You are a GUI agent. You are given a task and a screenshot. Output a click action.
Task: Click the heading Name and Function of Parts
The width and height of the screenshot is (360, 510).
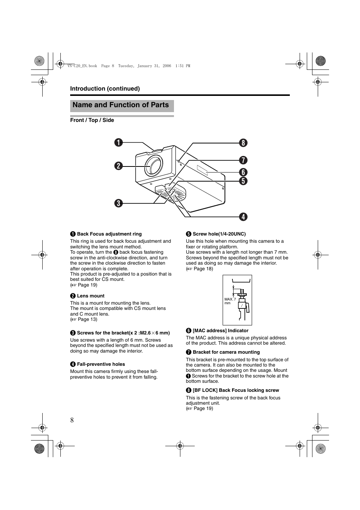[x=121, y=105]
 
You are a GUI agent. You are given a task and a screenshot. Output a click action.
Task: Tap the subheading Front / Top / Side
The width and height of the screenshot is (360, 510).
[x=92, y=120]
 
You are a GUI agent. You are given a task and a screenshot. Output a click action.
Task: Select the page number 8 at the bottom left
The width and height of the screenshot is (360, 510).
[x=72, y=420]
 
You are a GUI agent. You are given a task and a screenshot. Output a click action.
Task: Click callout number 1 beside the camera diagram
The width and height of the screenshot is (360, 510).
[x=119, y=142]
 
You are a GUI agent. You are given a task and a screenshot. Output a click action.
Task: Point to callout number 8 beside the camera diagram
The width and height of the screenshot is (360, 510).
[x=243, y=143]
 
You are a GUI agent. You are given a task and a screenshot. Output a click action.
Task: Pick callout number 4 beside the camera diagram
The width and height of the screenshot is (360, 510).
[x=243, y=217]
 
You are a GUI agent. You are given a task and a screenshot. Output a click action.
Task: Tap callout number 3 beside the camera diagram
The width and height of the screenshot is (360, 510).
[x=119, y=203]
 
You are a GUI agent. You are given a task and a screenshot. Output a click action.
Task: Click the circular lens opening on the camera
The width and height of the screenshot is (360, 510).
[x=154, y=166]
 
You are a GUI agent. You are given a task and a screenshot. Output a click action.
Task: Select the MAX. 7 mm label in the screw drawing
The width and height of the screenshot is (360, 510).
[x=230, y=301]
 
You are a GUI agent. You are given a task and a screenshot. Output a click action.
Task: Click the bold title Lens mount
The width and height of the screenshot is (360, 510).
[x=91, y=296]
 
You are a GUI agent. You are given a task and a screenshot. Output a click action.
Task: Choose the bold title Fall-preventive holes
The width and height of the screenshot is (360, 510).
[x=101, y=364]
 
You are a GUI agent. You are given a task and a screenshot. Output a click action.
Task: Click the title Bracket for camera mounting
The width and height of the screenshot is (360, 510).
[x=226, y=352]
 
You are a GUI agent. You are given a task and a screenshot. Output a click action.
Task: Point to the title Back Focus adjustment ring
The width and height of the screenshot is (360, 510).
[x=109, y=234]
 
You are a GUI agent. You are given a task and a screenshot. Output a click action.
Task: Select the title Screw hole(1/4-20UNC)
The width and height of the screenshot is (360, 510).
[x=219, y=234]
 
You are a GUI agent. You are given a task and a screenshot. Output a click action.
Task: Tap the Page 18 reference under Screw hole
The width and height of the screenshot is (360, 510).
[x=203, y=269]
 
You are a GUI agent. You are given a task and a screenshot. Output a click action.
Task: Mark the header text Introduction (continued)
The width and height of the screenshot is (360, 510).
[x=105, y=89]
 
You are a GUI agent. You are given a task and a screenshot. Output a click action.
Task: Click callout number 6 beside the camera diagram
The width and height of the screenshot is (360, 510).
[x=243, y=172]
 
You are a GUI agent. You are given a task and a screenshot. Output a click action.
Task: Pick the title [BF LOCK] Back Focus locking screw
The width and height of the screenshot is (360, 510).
[x=236, y=390]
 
